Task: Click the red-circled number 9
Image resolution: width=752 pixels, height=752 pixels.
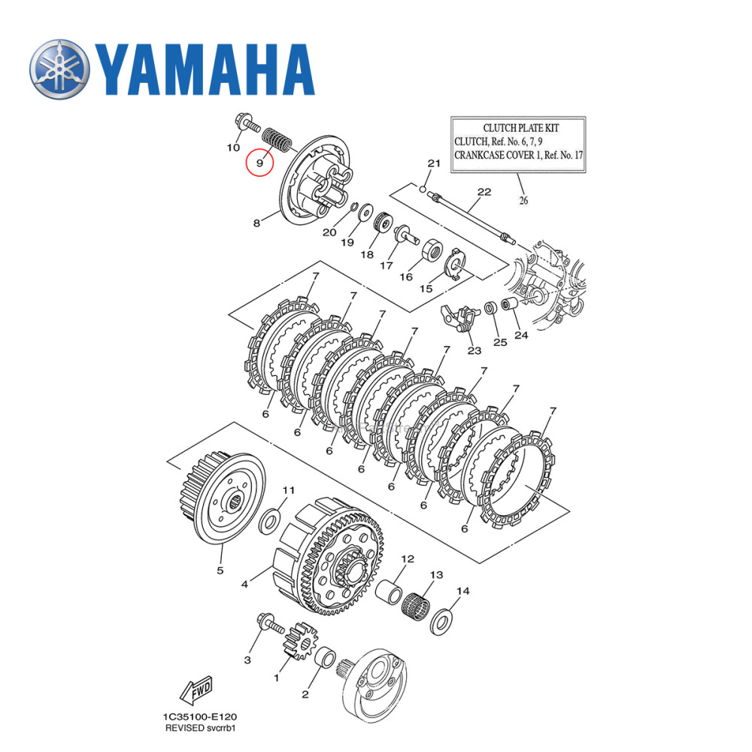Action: [259, 162]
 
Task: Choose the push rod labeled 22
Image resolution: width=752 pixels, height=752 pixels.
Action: [470, 219]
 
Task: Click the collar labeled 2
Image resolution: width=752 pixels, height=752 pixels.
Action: [325, 659]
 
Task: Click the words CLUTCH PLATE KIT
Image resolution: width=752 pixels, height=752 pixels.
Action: [518, 128]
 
